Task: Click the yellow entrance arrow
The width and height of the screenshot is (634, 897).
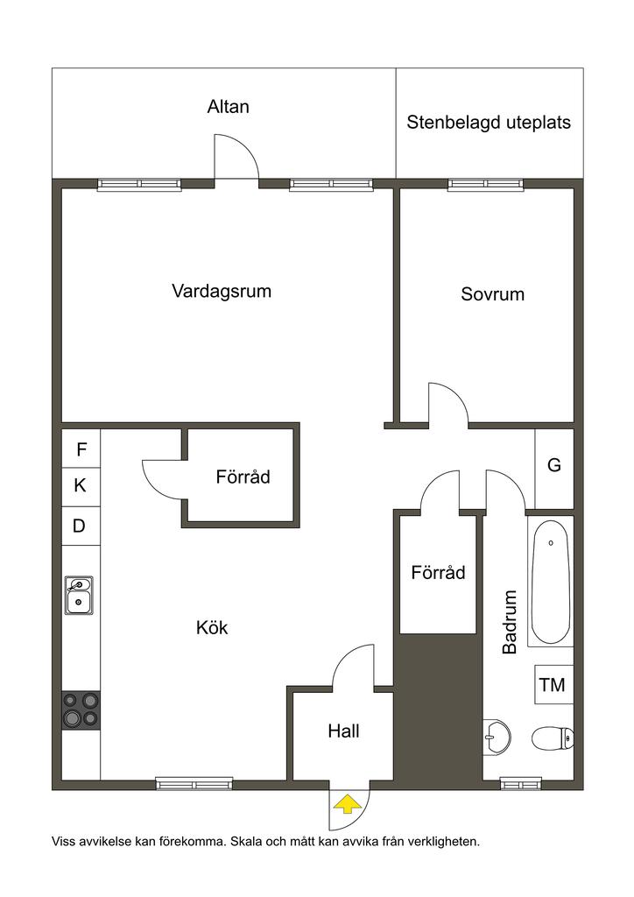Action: (x=348, y=806)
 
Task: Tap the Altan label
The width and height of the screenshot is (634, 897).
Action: (x=228, y=107)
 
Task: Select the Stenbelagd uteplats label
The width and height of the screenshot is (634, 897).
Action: (x=489, y=123)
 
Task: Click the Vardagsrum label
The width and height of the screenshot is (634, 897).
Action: (x=222, y=291)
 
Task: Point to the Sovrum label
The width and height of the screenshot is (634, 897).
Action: (x=493, y=294)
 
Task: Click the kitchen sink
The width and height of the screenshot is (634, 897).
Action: (x=79, y=596)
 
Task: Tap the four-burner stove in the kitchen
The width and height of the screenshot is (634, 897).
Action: (x=81, y=710)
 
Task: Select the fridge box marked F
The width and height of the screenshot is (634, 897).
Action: (x=81, y=449)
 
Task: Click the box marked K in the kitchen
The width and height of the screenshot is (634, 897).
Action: (x=81, y=487)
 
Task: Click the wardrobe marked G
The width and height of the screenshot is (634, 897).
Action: (x=554, y=469)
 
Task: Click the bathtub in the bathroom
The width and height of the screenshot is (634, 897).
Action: (x=551, y=582)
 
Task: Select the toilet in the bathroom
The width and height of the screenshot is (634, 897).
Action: (x=553, y=738)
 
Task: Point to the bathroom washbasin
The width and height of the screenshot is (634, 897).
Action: (x=497, y=737)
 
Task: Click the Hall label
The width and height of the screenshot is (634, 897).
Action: (x=343, y=731)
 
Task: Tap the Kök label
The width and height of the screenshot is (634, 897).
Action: (x=212, y=627)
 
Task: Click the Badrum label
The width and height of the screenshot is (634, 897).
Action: (x=510, y=622)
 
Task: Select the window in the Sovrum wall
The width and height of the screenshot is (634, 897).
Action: (x=486, y=184)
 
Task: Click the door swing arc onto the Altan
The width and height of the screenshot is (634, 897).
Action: (x=247, y=147)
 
